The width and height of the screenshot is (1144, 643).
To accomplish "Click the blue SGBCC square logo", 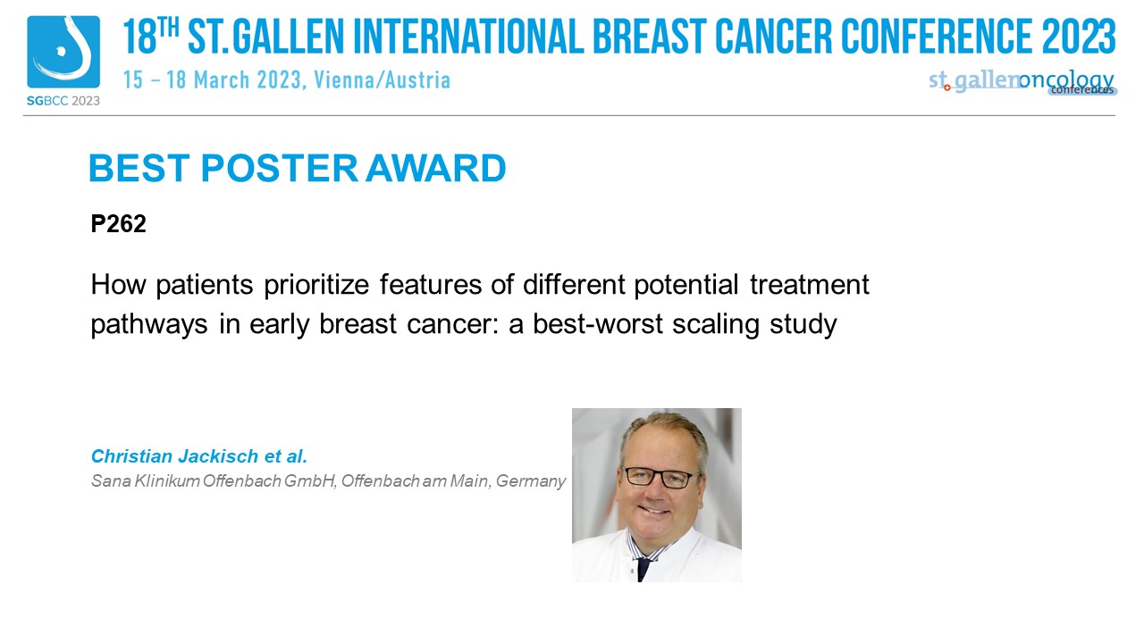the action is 63,52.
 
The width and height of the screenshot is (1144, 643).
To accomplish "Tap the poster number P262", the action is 119,223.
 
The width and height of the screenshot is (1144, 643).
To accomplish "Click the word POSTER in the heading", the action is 280,168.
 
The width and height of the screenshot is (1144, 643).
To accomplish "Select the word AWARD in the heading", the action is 435,168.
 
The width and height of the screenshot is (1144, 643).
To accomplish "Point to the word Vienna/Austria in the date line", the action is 382,80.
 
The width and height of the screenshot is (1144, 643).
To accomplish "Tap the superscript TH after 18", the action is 168,28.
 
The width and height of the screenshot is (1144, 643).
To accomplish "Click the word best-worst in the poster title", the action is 598,324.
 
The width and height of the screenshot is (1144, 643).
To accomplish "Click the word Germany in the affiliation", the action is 531,481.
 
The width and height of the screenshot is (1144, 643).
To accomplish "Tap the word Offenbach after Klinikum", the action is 241,480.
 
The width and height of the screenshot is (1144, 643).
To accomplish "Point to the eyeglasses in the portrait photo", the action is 660,478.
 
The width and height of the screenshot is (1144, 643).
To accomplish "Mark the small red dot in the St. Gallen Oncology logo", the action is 946,88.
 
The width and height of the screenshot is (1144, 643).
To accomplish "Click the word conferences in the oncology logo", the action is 1082,90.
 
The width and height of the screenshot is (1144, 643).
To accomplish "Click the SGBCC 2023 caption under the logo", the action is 63,101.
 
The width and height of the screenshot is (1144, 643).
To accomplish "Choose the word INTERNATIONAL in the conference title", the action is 468,36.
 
